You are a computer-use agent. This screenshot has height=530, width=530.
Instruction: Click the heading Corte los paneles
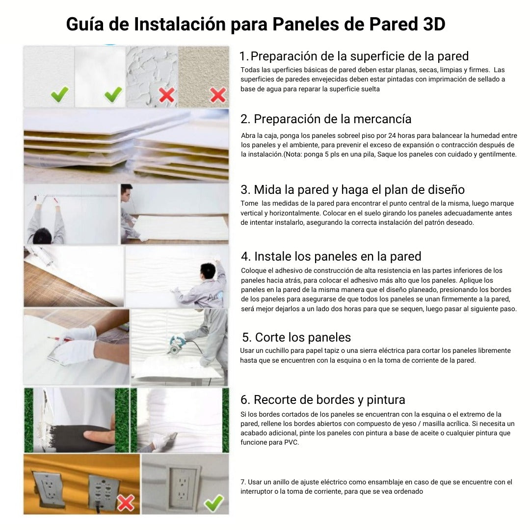coord(296,337)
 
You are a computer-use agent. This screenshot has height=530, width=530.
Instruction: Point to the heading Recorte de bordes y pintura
coord(323,399)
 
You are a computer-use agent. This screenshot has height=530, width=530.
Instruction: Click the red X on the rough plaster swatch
coord(167,95)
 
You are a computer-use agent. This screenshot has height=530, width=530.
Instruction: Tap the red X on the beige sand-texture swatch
coord(218,95)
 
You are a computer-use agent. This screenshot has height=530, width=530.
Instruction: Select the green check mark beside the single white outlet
coord(214,503)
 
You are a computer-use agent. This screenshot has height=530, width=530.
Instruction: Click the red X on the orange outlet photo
coord(126,503)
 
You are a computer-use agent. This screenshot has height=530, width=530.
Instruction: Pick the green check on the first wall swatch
coord(59,94)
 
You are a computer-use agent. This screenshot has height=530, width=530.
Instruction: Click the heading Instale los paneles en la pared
coord(331,257)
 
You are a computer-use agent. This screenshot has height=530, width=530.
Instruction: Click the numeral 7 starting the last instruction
coord(243,482)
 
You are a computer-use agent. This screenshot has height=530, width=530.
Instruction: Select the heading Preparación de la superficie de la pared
coord(354,56)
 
